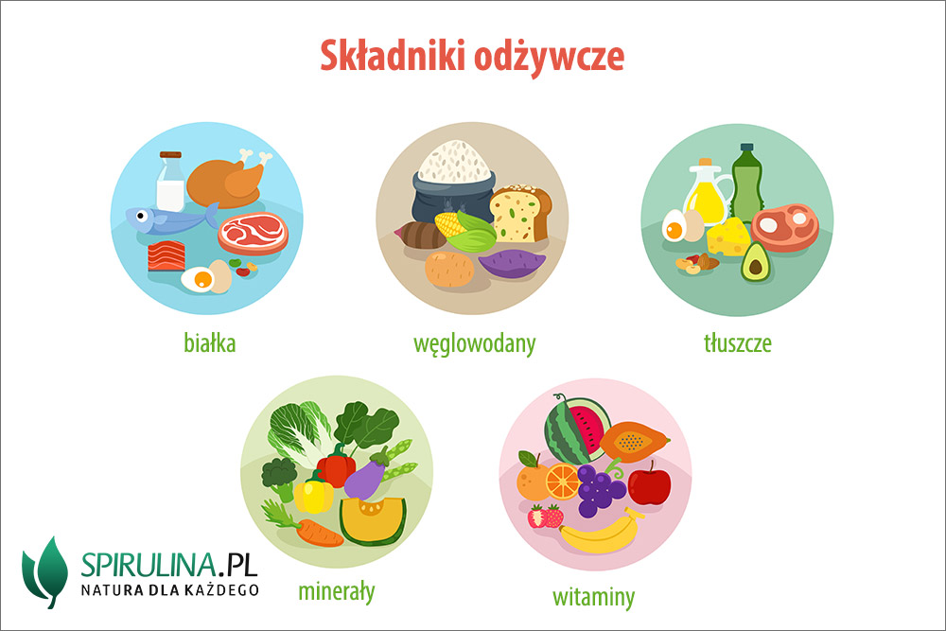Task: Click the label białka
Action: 209,343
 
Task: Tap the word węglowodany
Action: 474,344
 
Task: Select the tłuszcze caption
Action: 737,343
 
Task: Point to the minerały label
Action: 336,591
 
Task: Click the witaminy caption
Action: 594,597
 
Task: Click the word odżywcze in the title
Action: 549,57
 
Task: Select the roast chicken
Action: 226,179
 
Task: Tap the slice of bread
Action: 520,214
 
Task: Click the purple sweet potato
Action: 512,264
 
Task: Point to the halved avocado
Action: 755,262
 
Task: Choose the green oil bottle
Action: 747,183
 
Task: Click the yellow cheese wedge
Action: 728,237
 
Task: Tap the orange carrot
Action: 318,532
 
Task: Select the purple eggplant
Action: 366,476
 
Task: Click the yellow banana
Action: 601,532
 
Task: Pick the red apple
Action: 649,483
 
